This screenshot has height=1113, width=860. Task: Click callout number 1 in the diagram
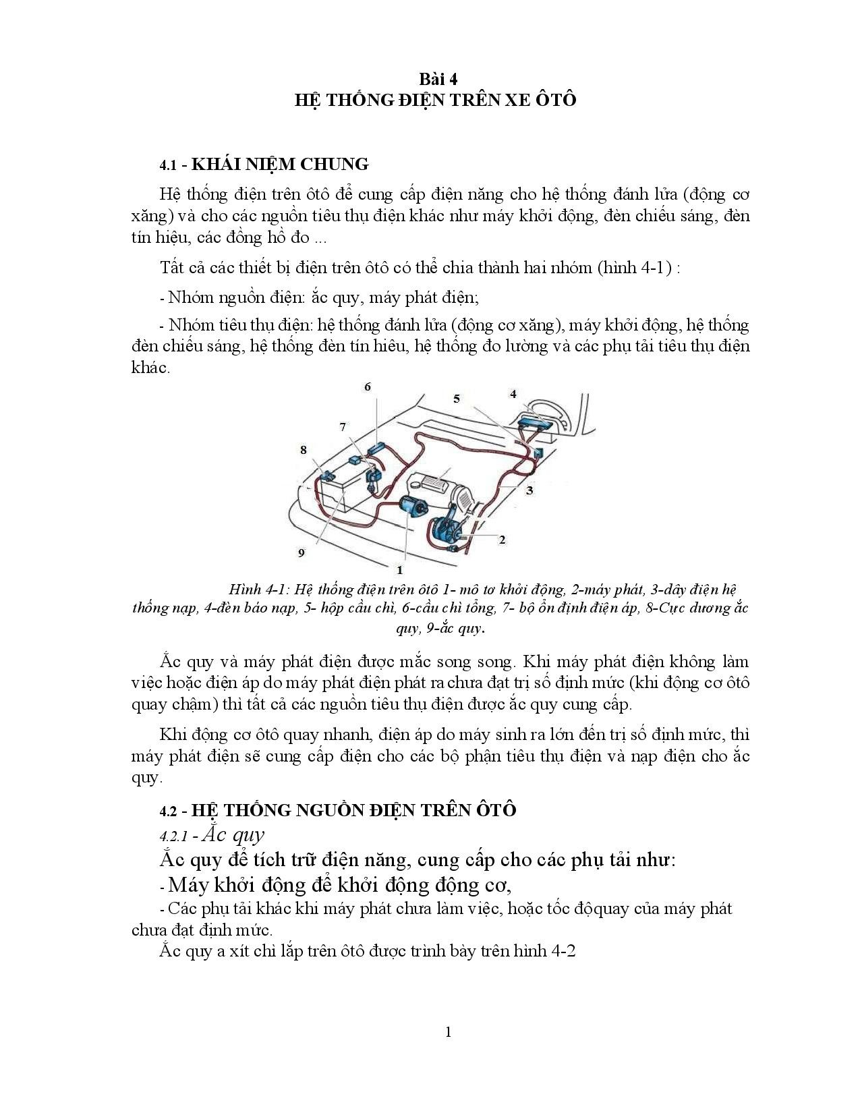coord(400,570)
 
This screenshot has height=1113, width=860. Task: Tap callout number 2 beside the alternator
coord(502,540)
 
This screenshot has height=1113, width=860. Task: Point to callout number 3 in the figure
coord(529,490)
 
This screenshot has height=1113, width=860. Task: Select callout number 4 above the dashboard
coord(513,394)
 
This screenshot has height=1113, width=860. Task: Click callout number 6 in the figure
coord(368,387)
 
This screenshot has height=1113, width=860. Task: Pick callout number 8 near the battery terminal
coord(304,449)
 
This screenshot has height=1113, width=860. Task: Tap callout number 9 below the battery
coord(302,552)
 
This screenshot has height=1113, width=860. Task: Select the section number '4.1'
coord(168,165)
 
